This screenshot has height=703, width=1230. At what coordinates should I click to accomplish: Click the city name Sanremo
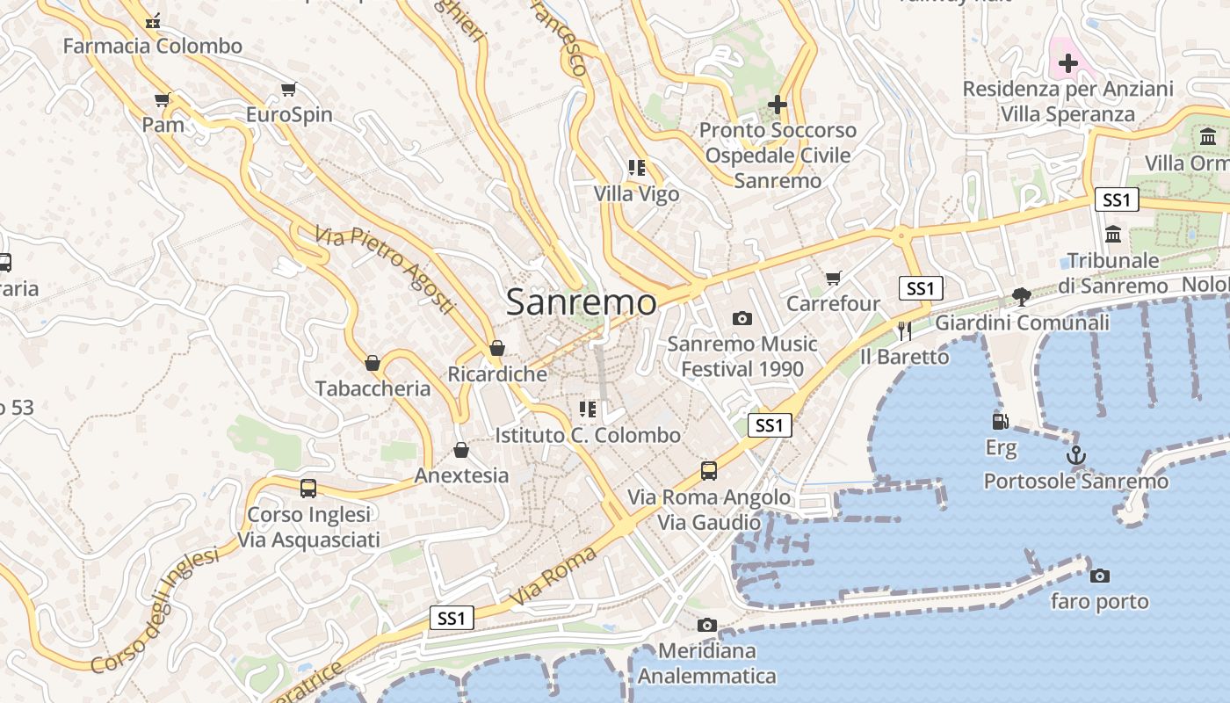click(581, 302)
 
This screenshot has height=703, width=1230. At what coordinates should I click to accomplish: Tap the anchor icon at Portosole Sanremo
click(1076, 456)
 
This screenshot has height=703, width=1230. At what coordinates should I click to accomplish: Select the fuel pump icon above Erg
click(1000, 422)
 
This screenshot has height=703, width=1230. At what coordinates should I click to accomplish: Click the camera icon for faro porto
click(1099, 576)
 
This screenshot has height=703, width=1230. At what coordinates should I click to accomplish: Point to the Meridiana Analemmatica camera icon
click(706, 626)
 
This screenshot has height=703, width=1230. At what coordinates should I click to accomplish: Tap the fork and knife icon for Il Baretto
click(905, 330)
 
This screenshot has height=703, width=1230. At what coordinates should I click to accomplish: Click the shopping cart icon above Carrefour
click(833, 279)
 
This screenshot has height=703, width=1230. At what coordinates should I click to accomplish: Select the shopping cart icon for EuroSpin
click(288, 89)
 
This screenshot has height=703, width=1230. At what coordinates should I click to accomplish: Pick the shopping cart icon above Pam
click(162, 99)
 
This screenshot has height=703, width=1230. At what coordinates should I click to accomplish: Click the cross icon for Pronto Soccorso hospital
click(777, 105)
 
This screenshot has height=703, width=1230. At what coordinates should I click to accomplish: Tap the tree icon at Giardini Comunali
click(1021, 296)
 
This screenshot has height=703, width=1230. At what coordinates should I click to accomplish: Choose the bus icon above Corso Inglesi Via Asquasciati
click(308, 489)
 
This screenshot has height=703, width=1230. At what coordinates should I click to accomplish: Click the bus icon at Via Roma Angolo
click(709, 471)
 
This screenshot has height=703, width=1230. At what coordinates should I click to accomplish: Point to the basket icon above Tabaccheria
click(373, 363)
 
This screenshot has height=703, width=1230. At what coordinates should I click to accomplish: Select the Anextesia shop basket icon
click(461, 451)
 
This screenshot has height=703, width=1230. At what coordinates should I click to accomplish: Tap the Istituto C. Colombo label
click(588, 435)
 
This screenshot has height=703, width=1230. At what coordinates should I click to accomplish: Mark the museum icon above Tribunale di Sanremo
click(1114, 235)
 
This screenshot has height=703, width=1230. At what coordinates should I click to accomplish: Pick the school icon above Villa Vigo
click(637, 168)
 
